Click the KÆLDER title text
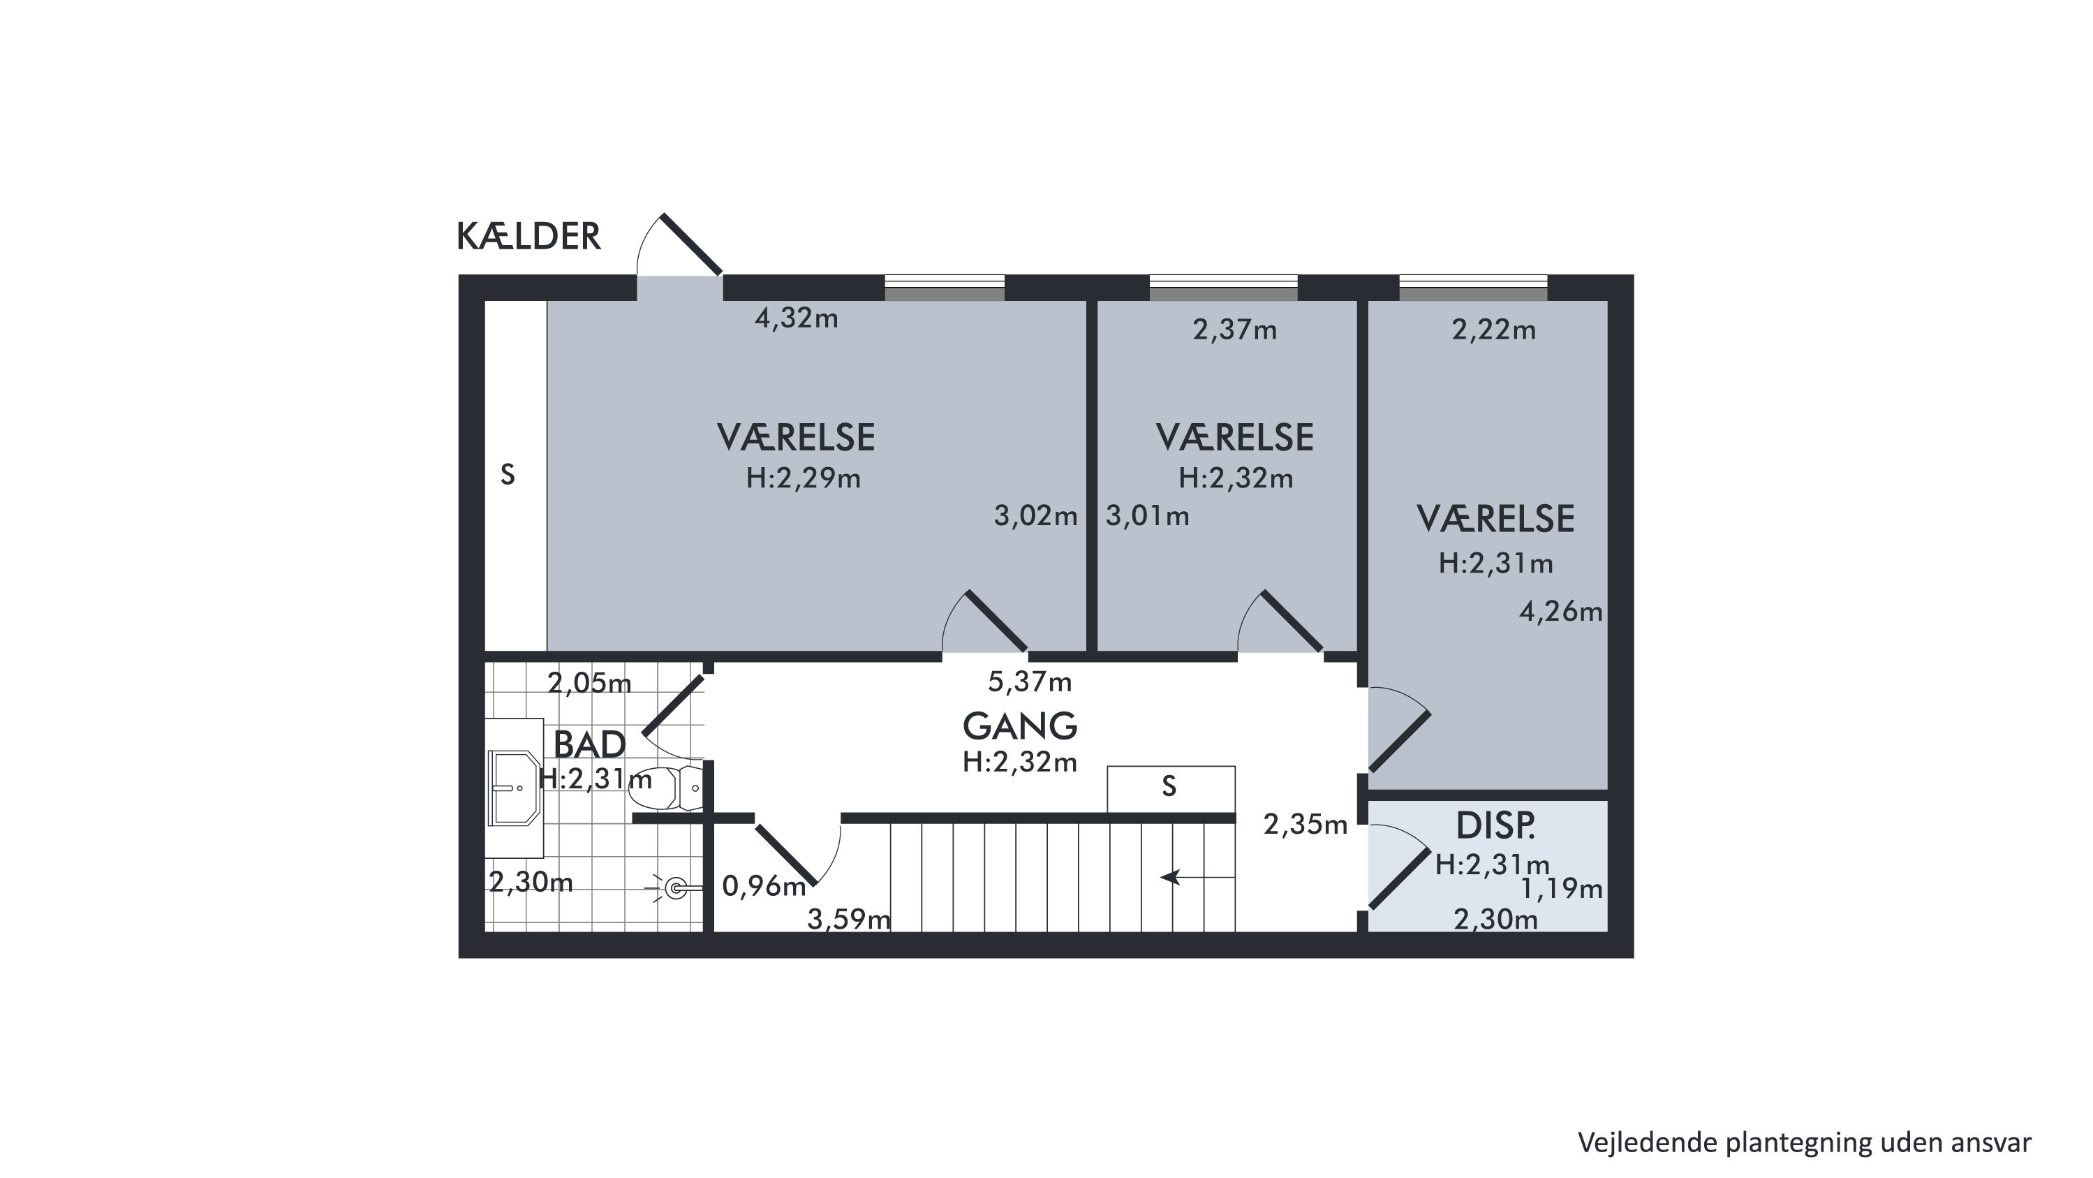[x=529, y=237]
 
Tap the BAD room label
[x=590, y=744]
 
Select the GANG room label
[x=1020, y=726]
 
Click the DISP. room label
[x=1496, y=826]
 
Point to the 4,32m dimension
[x=797, y=318]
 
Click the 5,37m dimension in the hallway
[x=1030, y=682]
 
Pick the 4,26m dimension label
[x=1561, y=612]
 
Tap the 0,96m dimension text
[x=764, y=886]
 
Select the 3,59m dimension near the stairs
[x=849, y=920]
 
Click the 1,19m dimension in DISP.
[x=1561, y=890]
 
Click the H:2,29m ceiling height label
[x=804, y=478]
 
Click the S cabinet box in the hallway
[x=1171, y=789]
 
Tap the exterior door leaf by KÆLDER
[x=690, y=244]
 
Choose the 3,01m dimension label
[x=1147, y=516]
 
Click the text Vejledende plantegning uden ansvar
[x=1805, y=1142]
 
